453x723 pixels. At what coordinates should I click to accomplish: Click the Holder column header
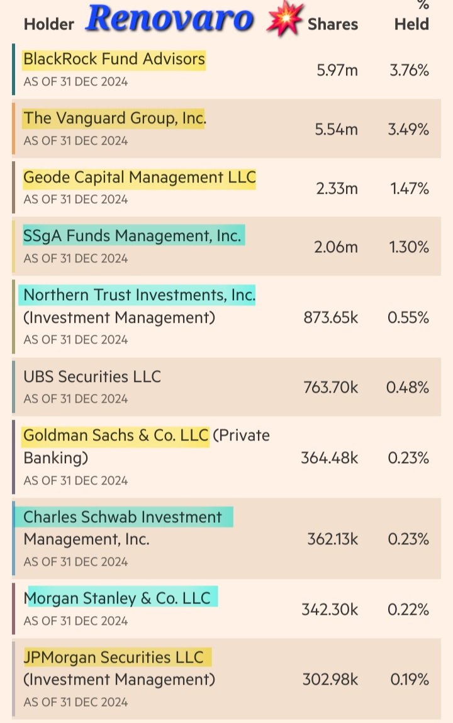(48, 25)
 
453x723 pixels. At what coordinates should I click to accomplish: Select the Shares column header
(333, 25)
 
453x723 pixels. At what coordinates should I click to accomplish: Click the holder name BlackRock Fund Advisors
(114, 59)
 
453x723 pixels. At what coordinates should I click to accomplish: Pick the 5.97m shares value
(337, 70)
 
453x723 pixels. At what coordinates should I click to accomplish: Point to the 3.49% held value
(408, 130)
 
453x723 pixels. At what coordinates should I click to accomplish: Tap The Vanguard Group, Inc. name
(115, 118)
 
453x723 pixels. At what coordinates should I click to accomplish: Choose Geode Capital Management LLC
(140, 177)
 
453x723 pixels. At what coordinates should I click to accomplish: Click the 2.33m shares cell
(337, 188)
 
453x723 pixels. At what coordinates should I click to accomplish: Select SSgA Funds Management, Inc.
(132, 236)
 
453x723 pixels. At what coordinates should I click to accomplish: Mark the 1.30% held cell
(408, 247)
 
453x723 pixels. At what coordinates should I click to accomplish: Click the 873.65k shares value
(330, 318)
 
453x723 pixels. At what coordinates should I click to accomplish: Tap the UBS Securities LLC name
(92, 376)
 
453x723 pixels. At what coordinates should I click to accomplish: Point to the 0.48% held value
(408, 388)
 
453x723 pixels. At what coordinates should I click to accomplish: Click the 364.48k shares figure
(330, 457)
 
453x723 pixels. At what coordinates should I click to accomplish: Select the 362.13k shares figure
(333, 539)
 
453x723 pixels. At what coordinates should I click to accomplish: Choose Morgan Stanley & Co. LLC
(118, 598)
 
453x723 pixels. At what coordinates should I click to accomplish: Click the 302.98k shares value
(330, 680)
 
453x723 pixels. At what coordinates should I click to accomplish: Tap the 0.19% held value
(410, 680)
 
